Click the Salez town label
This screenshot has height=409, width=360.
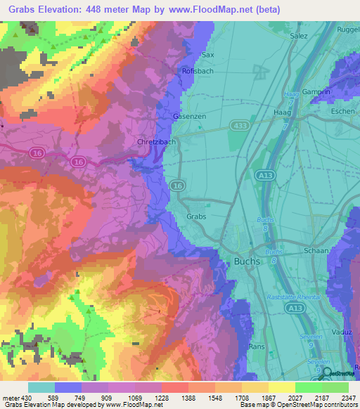coord(300,34)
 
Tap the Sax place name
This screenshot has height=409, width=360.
coord(207,54)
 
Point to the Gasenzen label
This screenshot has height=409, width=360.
coord(189,116)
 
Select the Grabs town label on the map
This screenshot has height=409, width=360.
coord(196,217)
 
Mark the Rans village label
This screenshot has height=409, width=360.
coord(256,346)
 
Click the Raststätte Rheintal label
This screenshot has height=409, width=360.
coord(294,297)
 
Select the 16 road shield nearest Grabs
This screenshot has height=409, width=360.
coord(177,186)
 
